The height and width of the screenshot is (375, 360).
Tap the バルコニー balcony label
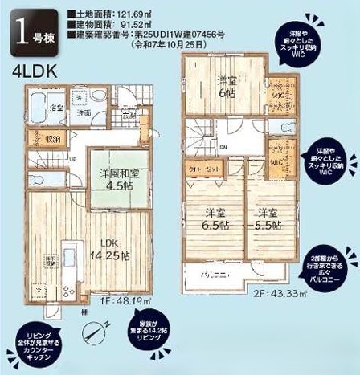(218, 275)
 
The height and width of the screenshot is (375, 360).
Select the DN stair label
(223, 147)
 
